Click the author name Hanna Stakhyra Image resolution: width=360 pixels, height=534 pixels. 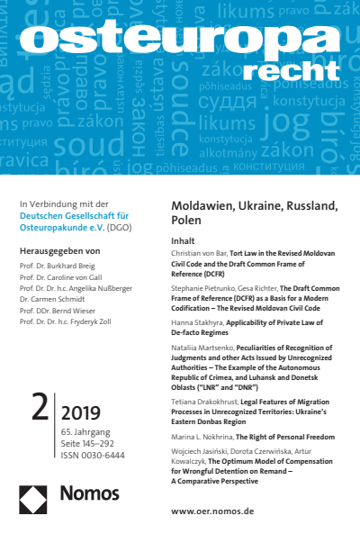(x=197, y=319)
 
